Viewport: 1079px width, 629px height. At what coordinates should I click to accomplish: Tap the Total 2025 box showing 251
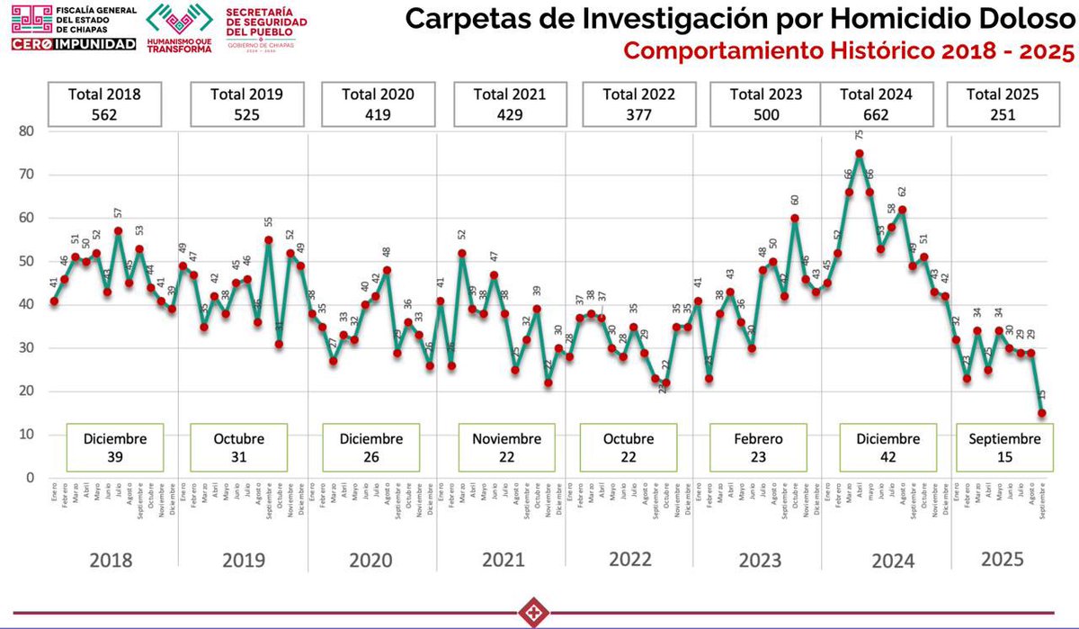1003,103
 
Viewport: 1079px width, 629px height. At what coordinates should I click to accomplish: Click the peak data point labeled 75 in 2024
860,153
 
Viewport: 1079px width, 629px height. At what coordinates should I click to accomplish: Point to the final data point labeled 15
1042,413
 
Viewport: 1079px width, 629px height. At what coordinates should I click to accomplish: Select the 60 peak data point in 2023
795,218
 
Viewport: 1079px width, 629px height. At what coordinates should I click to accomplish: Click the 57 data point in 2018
118,231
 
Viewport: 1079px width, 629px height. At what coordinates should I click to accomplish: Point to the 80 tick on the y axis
27,130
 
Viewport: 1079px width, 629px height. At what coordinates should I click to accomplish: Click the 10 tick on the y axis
27,435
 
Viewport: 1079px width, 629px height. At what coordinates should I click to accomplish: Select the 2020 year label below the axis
370,560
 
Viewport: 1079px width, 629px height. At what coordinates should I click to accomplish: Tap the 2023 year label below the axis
760,560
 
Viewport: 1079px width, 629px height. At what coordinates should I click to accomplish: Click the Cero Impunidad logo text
74,43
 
